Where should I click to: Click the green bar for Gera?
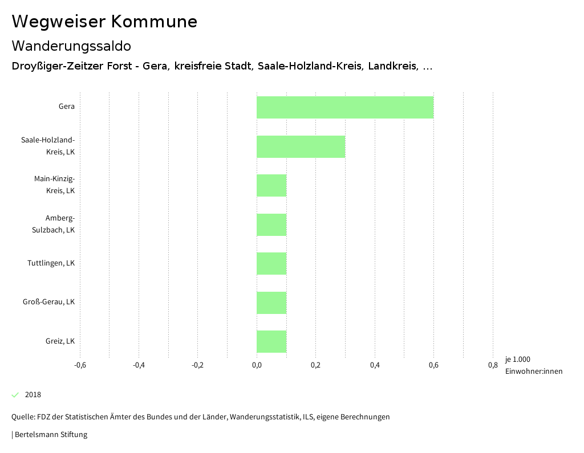tap(344, 107)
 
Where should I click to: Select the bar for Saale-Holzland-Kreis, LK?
tap(301, 146)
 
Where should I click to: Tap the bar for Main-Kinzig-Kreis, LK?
tap(271, 185)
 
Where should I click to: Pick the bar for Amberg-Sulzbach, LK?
tap(271, 225)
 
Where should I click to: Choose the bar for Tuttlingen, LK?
tap(271, 263)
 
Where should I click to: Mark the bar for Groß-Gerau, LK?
tap(271, 303)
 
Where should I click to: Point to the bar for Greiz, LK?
tap(271, 341)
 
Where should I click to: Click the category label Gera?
tap(66, 107)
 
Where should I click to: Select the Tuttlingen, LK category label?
tap(51, 263)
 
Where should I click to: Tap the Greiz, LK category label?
tap(60, 341)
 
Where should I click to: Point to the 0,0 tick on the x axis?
tap(257, 365)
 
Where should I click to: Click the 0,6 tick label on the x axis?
tap(433, 365)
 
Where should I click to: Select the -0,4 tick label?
tap(139, 365)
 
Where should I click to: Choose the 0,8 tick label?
tap(493, 365)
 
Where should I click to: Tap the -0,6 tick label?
tap(80, 365)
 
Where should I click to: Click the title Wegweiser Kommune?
tap(104, 22)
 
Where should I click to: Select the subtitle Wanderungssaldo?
tap(71, 46)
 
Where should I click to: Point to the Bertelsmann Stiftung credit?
tap(50, 435)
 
